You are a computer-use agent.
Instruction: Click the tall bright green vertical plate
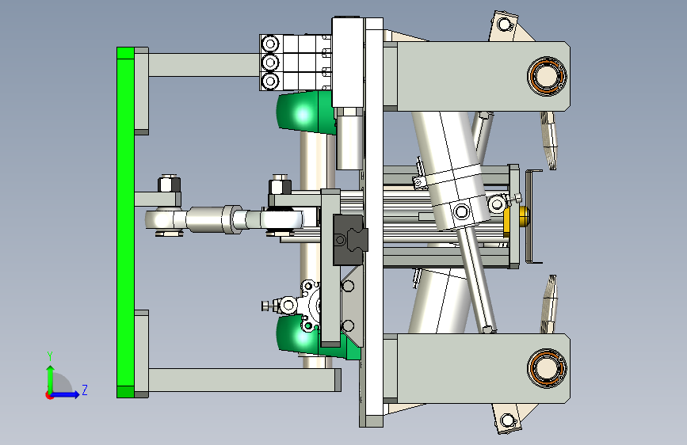pos(125,222)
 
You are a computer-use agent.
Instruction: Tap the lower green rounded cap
pos(303,335)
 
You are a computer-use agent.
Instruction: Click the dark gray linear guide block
pos(349,240)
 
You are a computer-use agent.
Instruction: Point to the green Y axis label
pos(50,356)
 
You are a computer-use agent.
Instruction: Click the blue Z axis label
pos(85,390)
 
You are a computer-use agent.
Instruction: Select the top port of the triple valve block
pos(270,44)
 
